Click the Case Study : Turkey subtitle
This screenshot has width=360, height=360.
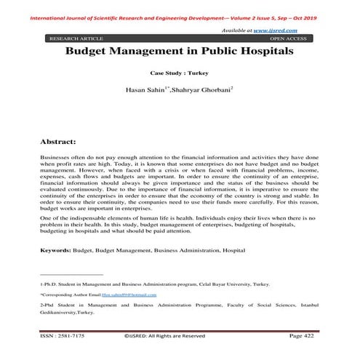[x=180, y=74]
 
